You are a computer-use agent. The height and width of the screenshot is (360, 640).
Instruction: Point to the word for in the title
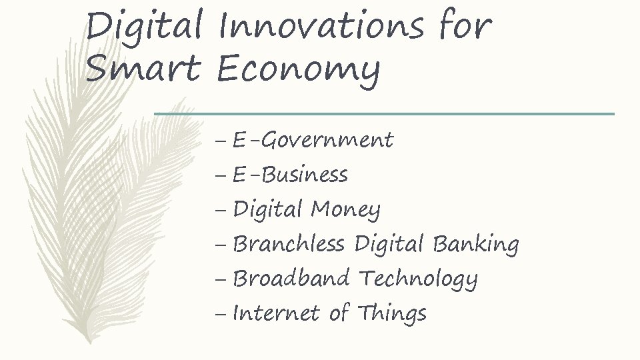pyautogui.click(x=465, y=27)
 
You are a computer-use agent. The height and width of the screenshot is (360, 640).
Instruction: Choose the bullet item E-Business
pyautogui.click(x=290, y=175)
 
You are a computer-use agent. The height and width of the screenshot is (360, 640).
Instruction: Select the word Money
pyautogui.click(x=345, y=211)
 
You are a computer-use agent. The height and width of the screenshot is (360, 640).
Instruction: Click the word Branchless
pyautogui.click(x=288, y=245)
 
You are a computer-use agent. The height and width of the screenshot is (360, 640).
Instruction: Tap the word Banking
pyautogui.click(x=475, y=245)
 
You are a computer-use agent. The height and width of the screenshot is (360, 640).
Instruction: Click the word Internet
pyautogui.click(x=276, y=313)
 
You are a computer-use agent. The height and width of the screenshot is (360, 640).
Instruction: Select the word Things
pyautogui.click(x=391, y=314)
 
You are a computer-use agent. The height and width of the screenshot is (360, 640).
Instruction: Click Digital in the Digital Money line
pyautogui.click(x=267, y=211)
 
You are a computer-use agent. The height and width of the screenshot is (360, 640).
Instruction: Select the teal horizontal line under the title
pyautogui.click(x=384, y=114)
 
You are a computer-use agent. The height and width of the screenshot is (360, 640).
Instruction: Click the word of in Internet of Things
pyautogui.click(x=339, y=313)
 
